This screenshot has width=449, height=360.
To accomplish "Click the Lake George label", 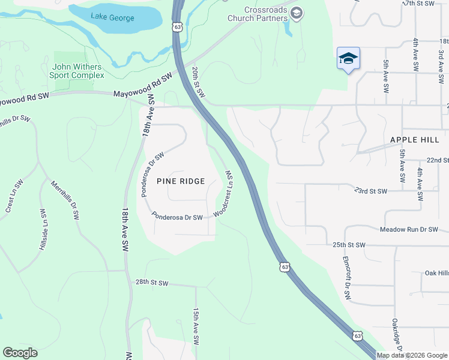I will [113, 17].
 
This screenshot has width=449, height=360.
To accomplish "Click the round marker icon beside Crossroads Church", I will [297, 13].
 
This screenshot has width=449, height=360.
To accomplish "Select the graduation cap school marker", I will [348, 58].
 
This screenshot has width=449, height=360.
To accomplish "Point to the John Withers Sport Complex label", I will [78, 71].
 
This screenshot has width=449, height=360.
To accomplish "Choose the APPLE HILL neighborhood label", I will [415, 139].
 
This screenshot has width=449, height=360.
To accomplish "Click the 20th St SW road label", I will [199, 82].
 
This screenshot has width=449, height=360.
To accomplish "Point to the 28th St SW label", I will [152, 282].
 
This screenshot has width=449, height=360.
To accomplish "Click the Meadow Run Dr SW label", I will [409, 230].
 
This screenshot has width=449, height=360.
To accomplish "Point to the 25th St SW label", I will [349, 245].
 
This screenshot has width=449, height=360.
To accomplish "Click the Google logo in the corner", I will [20, 353].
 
